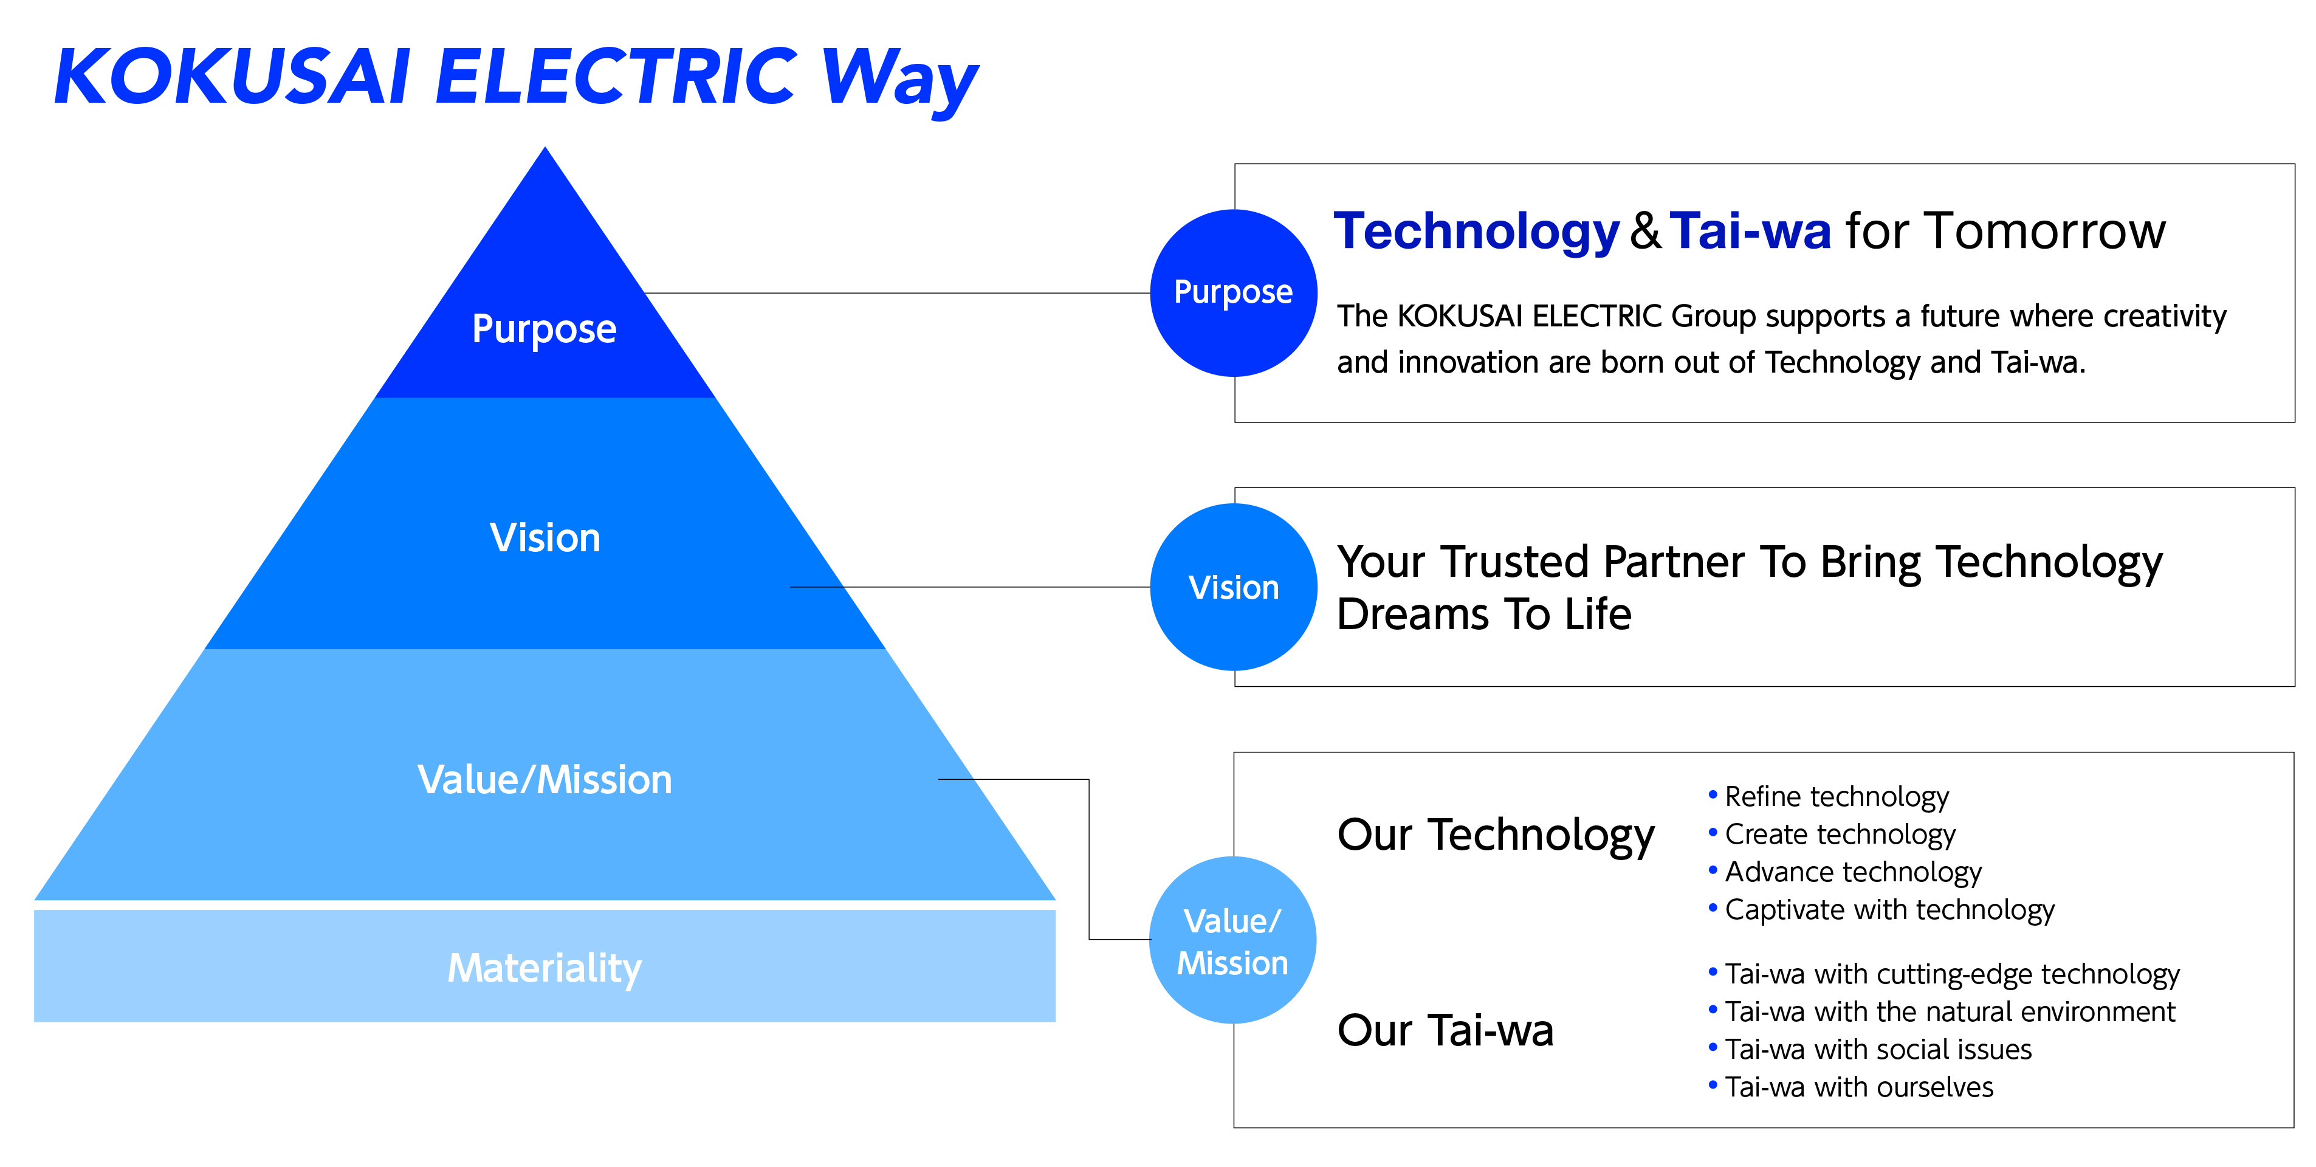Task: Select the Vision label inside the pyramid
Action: (545, 539)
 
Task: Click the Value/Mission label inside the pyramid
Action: (545, 779)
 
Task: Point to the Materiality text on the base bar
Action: (545, 968)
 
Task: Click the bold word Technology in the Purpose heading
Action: (1476, 232)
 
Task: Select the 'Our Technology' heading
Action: (1495, 835)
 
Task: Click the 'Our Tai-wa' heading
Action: (1445, 1030)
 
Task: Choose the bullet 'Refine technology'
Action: (1836, 797)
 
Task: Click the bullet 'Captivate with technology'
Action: (1889, 910)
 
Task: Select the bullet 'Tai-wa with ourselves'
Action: (1858, 1087)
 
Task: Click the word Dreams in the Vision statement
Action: (1412, 615)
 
